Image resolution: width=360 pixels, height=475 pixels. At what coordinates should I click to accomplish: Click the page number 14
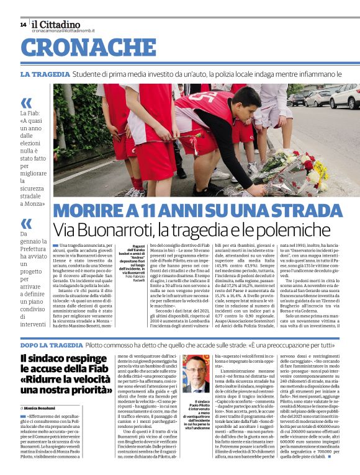tap(23, 25)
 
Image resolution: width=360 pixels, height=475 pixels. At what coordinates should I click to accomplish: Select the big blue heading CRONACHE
tap(80, 48)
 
